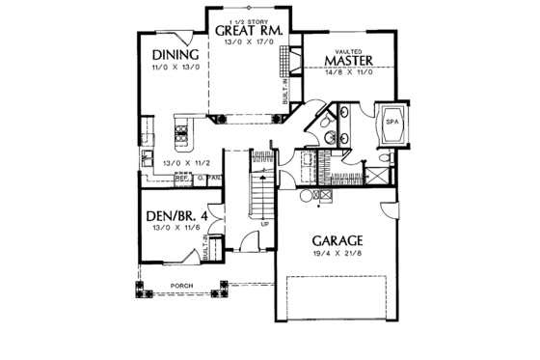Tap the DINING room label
tap(176, 54)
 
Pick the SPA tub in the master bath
tap(392, 124)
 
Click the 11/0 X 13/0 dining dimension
tap(176, 68)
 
